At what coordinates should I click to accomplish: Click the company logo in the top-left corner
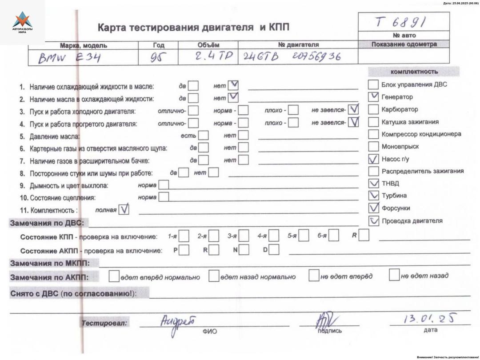click(x=22, y=22)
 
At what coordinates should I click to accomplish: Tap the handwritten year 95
click(x=153, y=57)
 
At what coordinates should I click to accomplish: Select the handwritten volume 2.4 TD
click(x=208, y=56)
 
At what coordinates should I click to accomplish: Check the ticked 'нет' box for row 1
click(x=232, y=85)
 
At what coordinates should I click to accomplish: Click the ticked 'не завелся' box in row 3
click(x=354, y=109)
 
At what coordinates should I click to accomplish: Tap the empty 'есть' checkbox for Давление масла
click(x=203, y=135)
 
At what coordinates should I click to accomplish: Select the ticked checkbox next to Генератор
click(x=374, y=97)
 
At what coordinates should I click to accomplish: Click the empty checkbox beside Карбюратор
click(x=374, y=109)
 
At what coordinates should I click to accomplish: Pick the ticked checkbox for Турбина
click(x=374, y=196)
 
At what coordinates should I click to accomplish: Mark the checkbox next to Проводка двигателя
click(x=374, y=220)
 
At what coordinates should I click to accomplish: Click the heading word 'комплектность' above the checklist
click(x=414, y=72)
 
